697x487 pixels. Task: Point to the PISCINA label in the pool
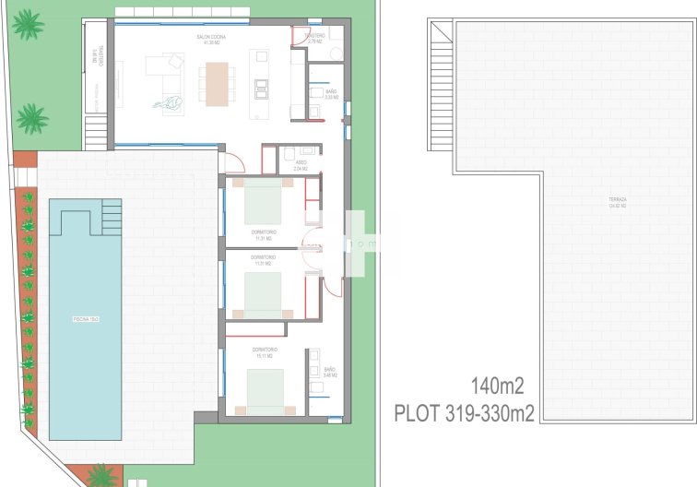pos(86,319)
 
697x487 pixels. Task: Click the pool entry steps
pos(111,218)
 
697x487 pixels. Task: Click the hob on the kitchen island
pos(261,88)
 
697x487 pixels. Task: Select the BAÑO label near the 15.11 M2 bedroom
pos(330,371)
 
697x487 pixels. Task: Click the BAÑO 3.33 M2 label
pos(332,93)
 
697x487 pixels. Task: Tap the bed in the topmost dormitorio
pos(263,200)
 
